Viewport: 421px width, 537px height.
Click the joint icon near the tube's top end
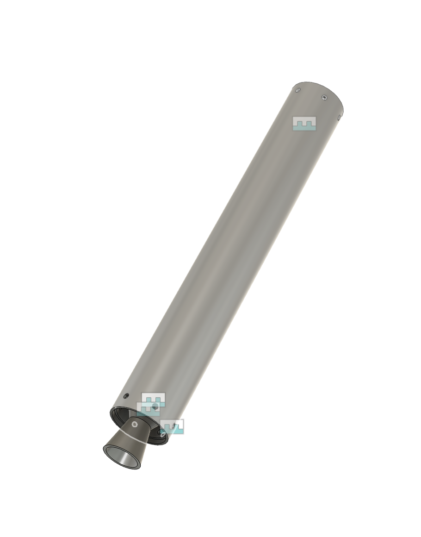[x=304, y=124]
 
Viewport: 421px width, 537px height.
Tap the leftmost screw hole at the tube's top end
[x=298, y=89]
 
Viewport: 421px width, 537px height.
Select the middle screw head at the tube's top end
[x=324, y=97]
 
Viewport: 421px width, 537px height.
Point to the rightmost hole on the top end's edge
[x=339, y=118]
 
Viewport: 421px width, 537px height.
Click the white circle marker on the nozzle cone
[x=135, y=424]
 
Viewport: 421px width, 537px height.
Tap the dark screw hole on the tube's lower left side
[x=126, y=396]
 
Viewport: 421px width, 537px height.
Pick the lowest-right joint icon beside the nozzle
[x=173, y=426]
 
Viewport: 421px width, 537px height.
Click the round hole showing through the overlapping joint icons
[x=155, y=406]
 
